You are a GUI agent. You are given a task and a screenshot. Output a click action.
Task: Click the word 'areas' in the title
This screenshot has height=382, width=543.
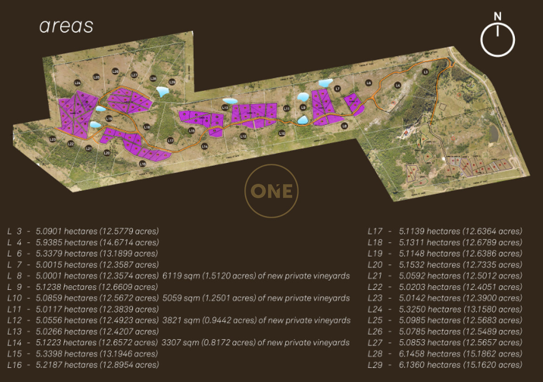pos(66,26)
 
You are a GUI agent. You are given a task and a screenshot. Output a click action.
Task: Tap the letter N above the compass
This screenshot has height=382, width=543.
pos(498,17)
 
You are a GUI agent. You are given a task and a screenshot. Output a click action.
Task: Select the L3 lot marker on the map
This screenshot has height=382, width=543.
pos(425,72)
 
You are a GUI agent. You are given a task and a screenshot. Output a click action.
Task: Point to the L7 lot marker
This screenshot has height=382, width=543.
pos(338,89)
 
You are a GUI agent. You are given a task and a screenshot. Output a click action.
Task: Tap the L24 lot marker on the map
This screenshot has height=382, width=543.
pos(77,83)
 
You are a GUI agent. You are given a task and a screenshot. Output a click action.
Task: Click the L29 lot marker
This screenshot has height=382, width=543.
pos(172,82)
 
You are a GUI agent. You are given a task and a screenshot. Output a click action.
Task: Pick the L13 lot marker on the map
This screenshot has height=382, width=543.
pos(225,107)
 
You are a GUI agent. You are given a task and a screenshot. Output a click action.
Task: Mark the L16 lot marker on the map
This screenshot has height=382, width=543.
pos(143,164)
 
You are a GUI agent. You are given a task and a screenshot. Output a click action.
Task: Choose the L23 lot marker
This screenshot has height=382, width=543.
pos(52,139)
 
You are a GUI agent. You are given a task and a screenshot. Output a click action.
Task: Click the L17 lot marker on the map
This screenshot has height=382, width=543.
pos(171,140)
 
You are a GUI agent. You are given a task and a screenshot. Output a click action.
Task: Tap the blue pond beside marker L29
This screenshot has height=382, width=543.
pos(162,91)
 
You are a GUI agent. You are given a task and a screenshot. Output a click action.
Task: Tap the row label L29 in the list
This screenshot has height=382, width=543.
pos(375,365)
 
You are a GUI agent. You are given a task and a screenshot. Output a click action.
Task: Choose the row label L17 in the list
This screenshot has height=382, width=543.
pos(375,231)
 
